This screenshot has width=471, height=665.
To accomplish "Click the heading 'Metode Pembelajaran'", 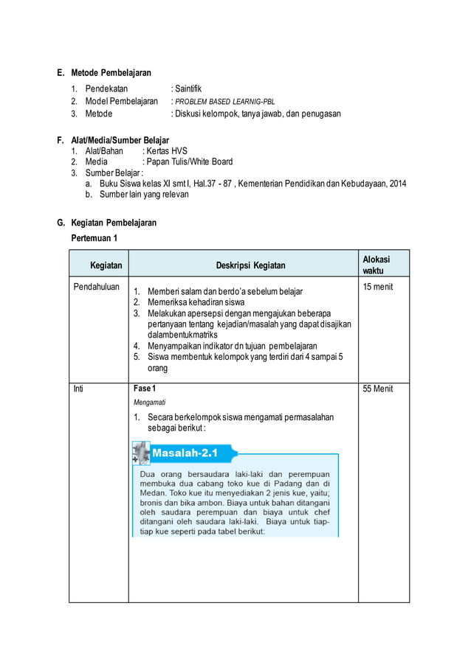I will pos(111,73).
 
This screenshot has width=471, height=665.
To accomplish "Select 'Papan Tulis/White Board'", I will pos(190,162).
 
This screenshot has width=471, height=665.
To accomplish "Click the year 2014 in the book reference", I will pos(397,184).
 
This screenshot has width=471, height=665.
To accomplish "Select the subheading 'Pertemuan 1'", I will pos(94,238).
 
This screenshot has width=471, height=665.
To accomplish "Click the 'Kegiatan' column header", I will pos(106,265).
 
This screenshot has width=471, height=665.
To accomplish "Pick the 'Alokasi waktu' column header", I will pos(376,265).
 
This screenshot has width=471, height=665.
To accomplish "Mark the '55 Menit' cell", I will pos(378,389).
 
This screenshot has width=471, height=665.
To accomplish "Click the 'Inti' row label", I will pos(78,389).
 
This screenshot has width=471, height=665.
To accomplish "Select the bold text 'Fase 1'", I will pos(145,389).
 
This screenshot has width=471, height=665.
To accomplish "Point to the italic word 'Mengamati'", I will pos(149,403).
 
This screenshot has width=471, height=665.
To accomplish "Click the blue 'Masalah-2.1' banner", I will pos(185,453).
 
